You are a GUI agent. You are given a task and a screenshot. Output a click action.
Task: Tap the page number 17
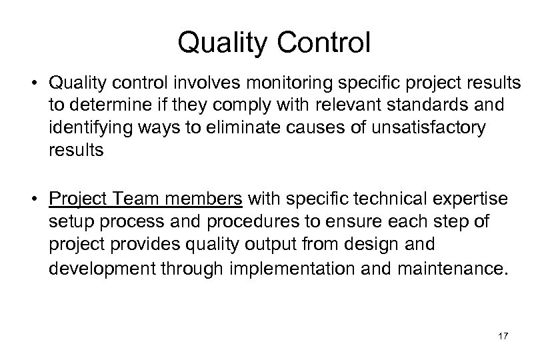[x=503, y=337]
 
